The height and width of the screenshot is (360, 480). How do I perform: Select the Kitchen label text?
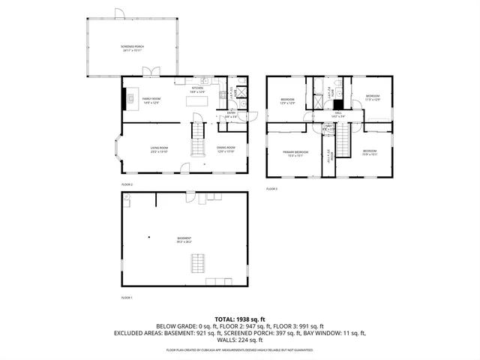(x=198, y=89)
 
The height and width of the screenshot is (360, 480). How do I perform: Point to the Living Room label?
(x=159, y=149)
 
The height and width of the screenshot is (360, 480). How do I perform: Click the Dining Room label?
(x=226, y=149)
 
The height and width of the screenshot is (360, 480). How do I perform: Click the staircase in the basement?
(x=198, y=264)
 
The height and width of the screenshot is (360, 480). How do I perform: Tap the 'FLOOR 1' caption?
(x=127, y=298)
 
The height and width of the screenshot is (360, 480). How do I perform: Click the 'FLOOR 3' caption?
(x=271, y=189)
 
